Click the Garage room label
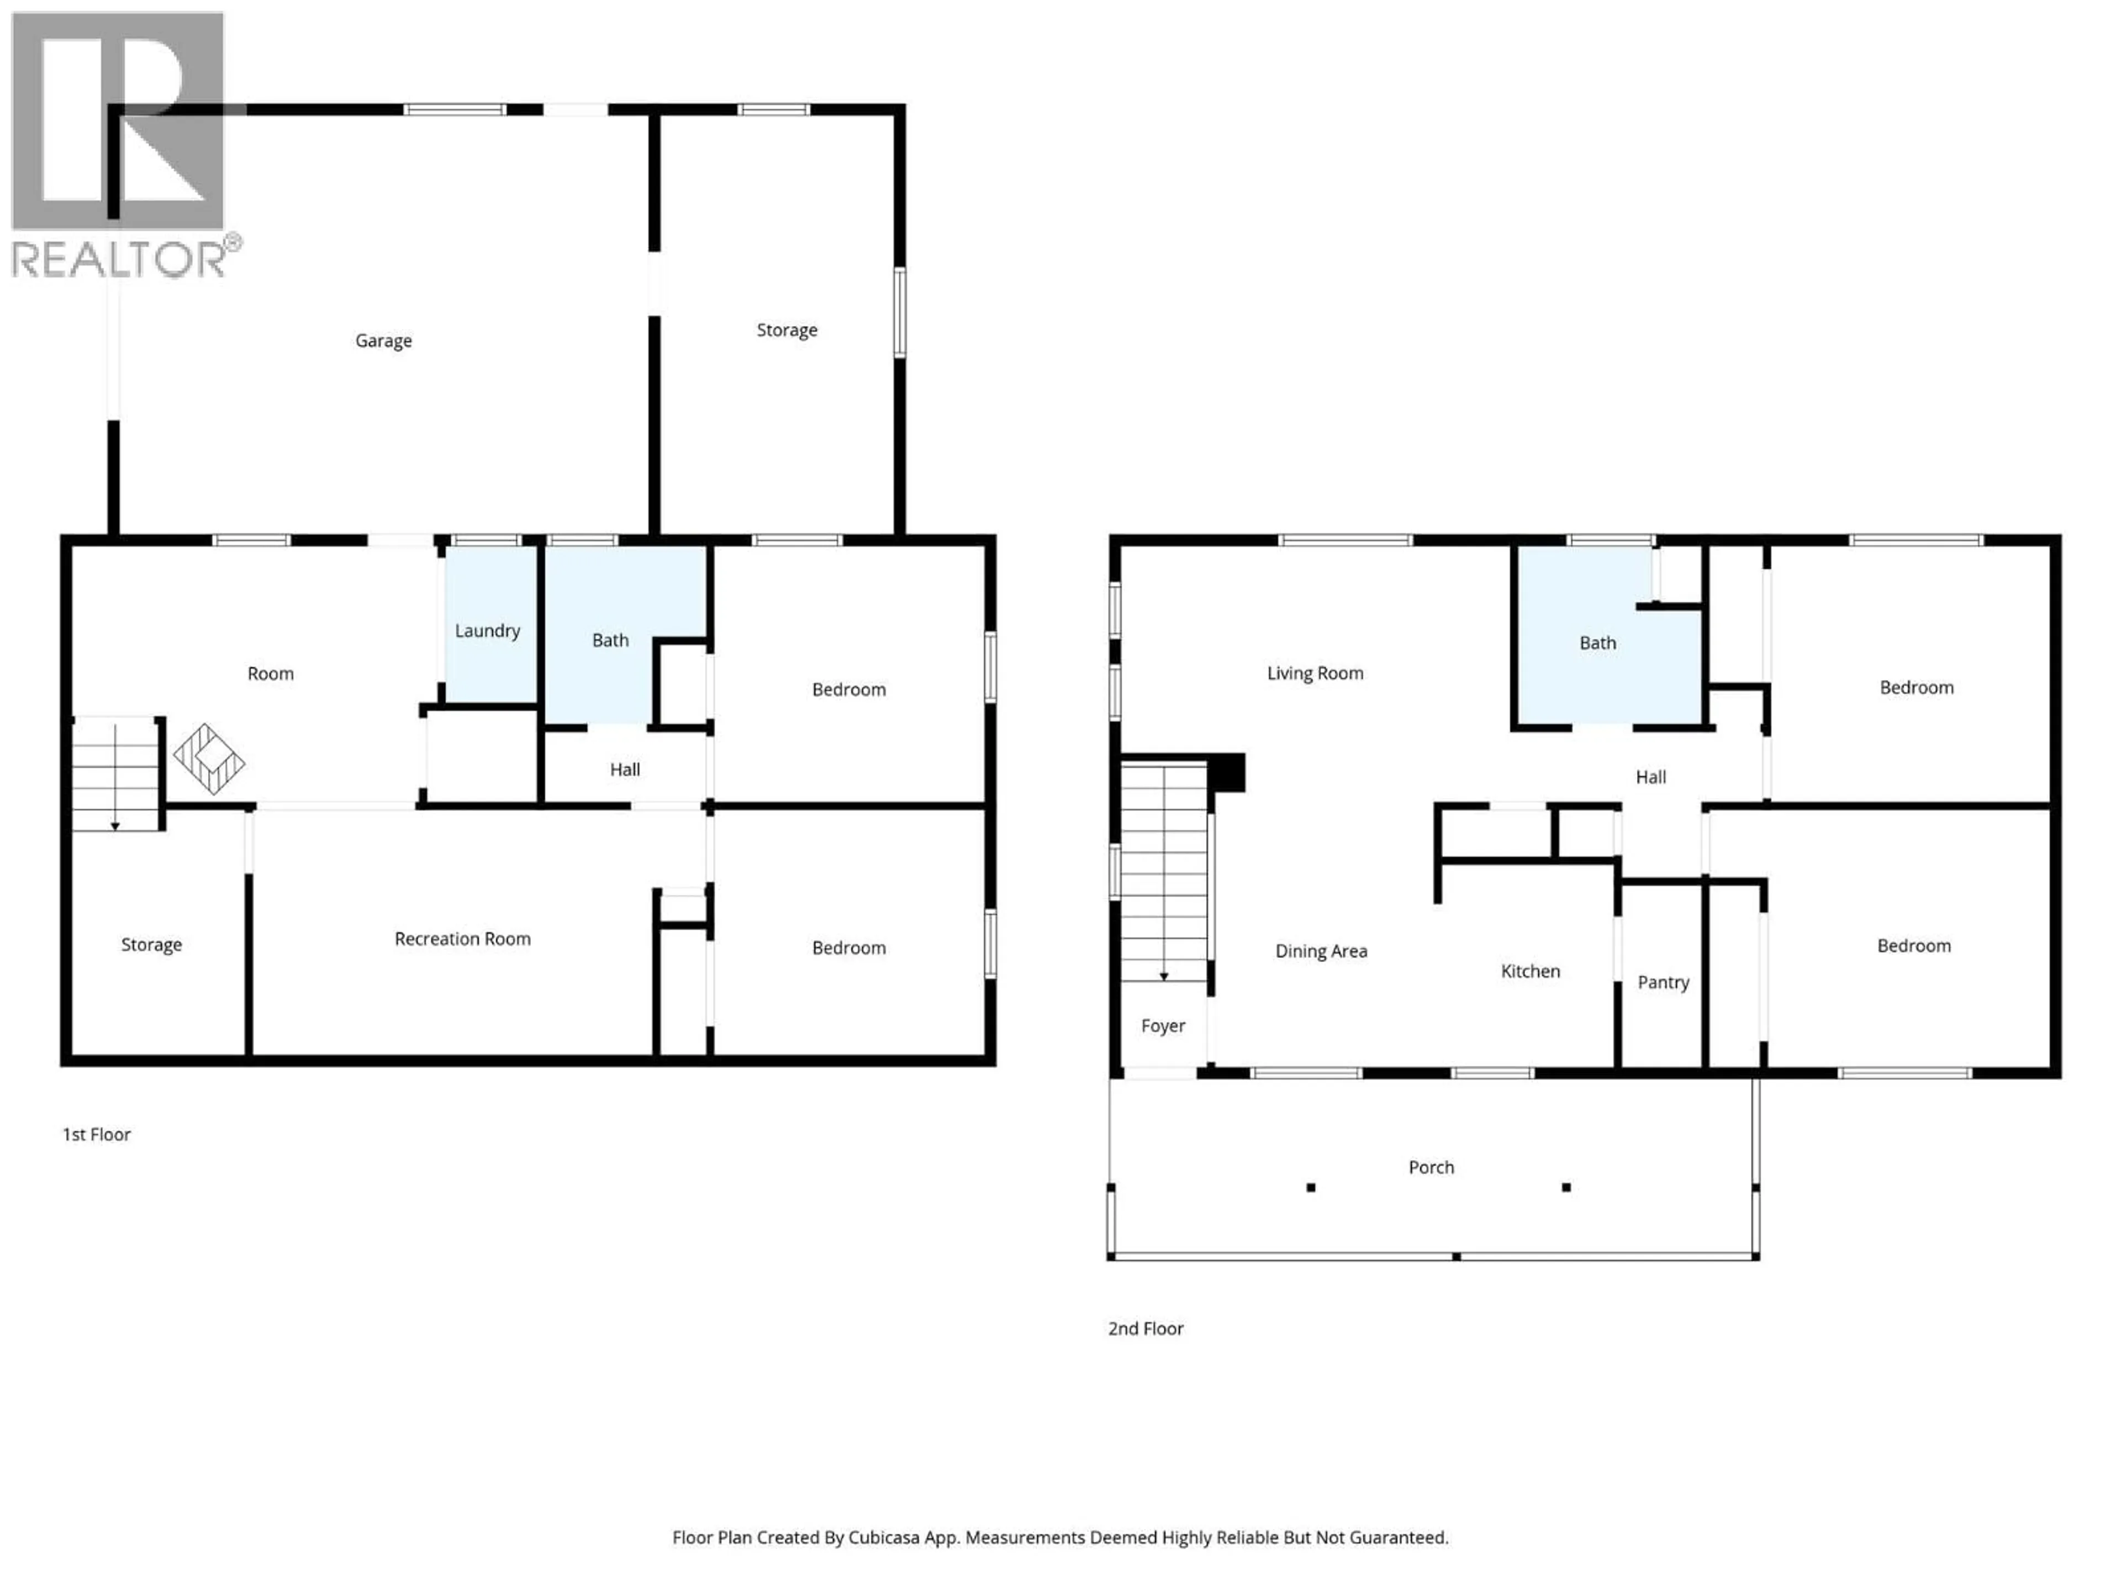click(383, 340)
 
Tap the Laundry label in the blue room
click(487, 630)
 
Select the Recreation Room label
click(462, 939)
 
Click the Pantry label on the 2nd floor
click(1663, 982)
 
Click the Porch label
click(1431, 1167)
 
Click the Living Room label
click(1315, 673)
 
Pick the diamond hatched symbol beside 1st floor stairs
click(209, 758)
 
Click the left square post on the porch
click(1311, 1187)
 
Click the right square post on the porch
click(1566, 1187)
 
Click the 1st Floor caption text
click(96, 1135)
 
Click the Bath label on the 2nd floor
click(1597, 642)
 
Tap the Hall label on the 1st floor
click(624, 769)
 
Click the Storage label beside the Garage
click(787, 330)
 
